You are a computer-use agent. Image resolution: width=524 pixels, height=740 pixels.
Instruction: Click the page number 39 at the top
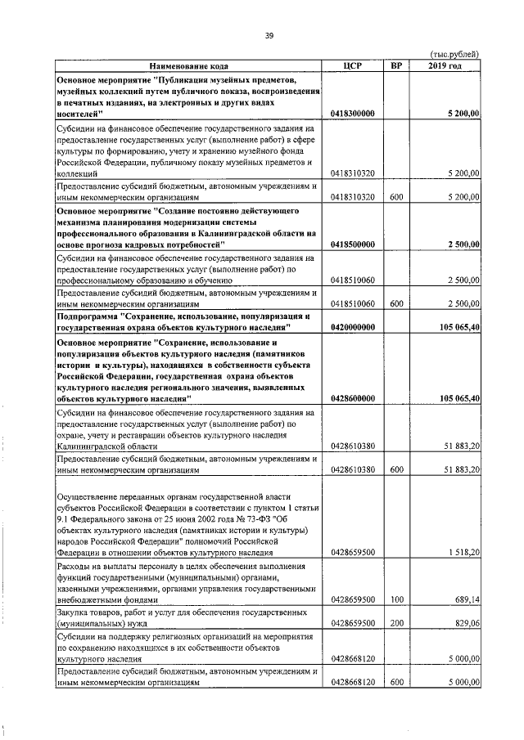tap(268, 34)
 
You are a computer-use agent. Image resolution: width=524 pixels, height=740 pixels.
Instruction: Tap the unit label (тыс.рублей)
tap(454, 54)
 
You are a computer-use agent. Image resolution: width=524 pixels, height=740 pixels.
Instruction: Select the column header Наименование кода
tap(189, 65)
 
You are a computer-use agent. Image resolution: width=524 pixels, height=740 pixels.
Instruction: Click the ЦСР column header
tap(354, 65)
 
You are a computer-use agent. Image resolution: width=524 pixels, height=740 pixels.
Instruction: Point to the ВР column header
tap(396, 65)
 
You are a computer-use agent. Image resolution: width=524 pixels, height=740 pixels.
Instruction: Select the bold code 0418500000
tap(353, 244)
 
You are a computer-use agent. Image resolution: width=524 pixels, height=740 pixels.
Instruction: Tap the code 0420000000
tap(353, 327)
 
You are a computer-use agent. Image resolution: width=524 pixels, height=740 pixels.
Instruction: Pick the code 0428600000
tap(353, 398)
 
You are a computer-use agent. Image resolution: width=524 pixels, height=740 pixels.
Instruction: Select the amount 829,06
tap(467, 623)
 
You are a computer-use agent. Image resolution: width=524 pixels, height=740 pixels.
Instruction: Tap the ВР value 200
tap(396, 623)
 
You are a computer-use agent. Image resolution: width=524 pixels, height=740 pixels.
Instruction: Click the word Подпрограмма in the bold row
tap(87, 315)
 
